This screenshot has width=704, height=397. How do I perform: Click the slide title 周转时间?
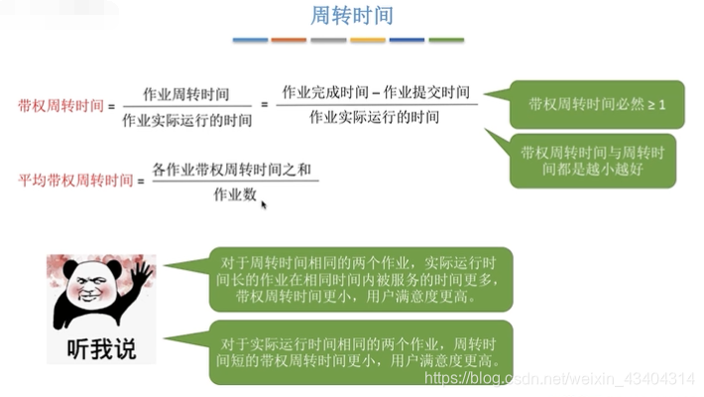[352, 17]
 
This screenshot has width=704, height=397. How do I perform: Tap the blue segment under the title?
[250, 41]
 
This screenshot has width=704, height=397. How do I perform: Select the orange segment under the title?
[289, 41]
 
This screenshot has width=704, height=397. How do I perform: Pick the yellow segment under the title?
[368, 41]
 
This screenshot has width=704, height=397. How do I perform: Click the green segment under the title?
[446, 41]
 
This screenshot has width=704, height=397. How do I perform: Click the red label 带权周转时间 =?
[66, 104]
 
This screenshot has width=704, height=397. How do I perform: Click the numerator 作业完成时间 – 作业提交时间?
[376, 91]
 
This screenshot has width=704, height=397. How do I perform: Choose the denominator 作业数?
[234, 194]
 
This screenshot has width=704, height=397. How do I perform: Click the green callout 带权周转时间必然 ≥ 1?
[597, 103]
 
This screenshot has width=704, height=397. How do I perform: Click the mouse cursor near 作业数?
[264, 203]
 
